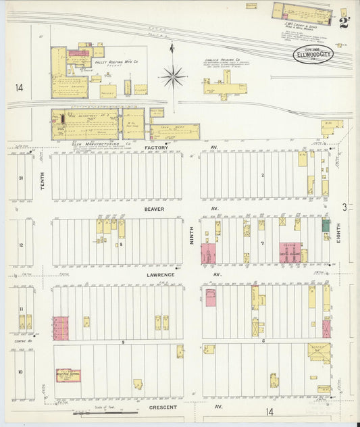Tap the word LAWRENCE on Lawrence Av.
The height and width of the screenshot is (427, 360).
point(157,274)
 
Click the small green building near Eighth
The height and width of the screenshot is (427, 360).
point(326,226)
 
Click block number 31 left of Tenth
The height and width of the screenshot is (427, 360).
point(21,178)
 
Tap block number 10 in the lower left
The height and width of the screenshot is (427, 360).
point(20,372)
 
